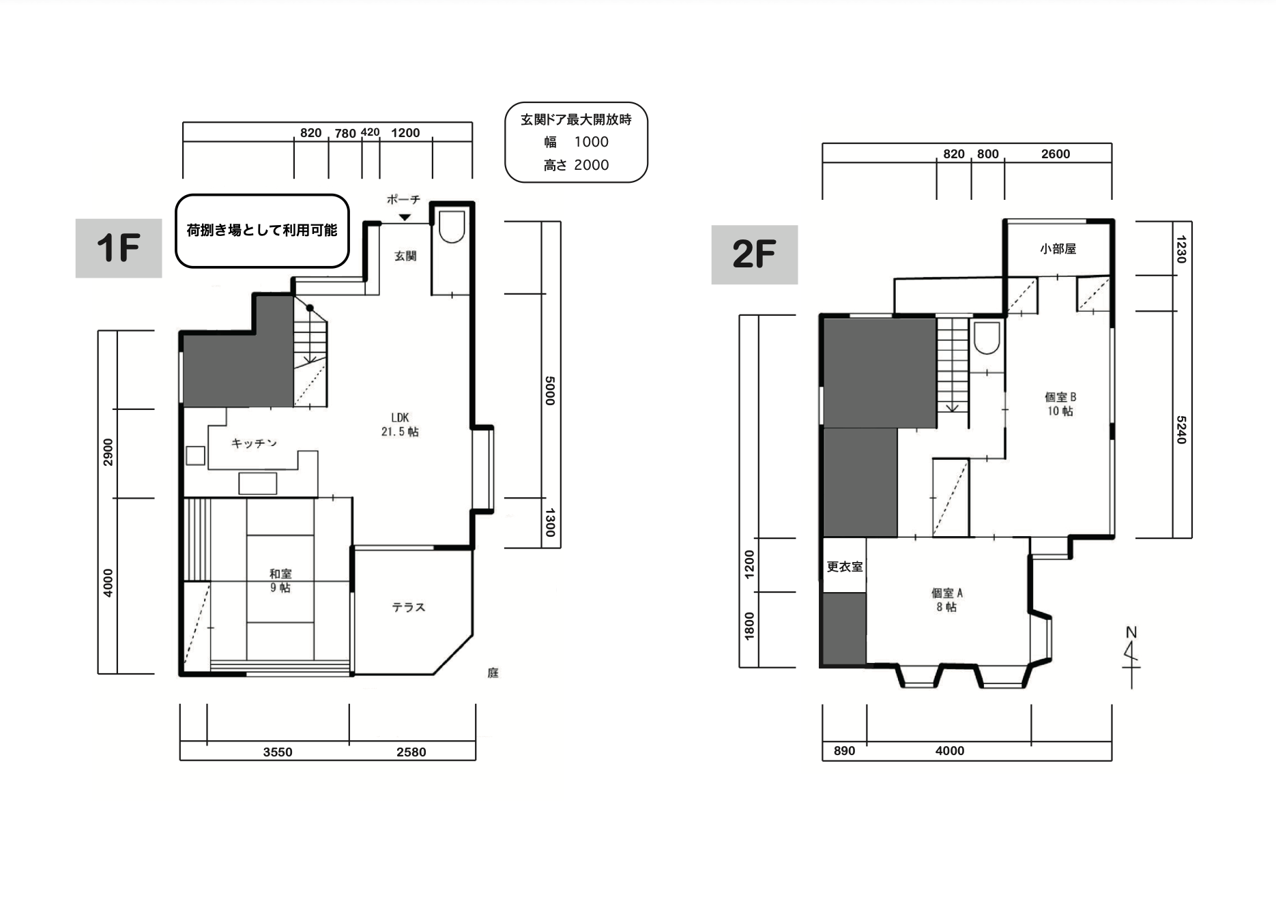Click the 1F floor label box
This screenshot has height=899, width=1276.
coord(119,248)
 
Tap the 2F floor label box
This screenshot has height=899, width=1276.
coord(755,254)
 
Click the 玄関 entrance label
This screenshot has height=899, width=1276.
coord(405,256)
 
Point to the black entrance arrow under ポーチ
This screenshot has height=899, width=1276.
coord(405,218)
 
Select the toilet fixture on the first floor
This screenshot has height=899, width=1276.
coord(452,226)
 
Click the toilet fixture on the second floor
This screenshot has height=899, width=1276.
coord(987,338)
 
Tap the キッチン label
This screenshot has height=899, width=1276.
coord(254,443)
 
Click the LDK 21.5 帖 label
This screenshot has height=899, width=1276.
coord(400,424)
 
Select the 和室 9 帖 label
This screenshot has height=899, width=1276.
coord(280,580)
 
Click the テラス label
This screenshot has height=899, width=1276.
coord(408,607)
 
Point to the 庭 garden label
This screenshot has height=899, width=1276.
coord(493,673)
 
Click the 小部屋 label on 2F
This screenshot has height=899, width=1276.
coord(1058,249)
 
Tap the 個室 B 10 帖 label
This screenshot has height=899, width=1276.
coord(1060,404)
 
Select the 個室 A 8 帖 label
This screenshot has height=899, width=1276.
coord(946,600)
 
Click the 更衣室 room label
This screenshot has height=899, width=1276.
coord(844,567)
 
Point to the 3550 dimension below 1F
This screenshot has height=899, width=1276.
coord(278,752)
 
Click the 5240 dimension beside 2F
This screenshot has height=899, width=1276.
coord(1181,430)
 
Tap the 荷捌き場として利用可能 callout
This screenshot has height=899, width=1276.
coord(263,231)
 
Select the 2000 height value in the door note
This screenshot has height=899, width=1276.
coord(592,165)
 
